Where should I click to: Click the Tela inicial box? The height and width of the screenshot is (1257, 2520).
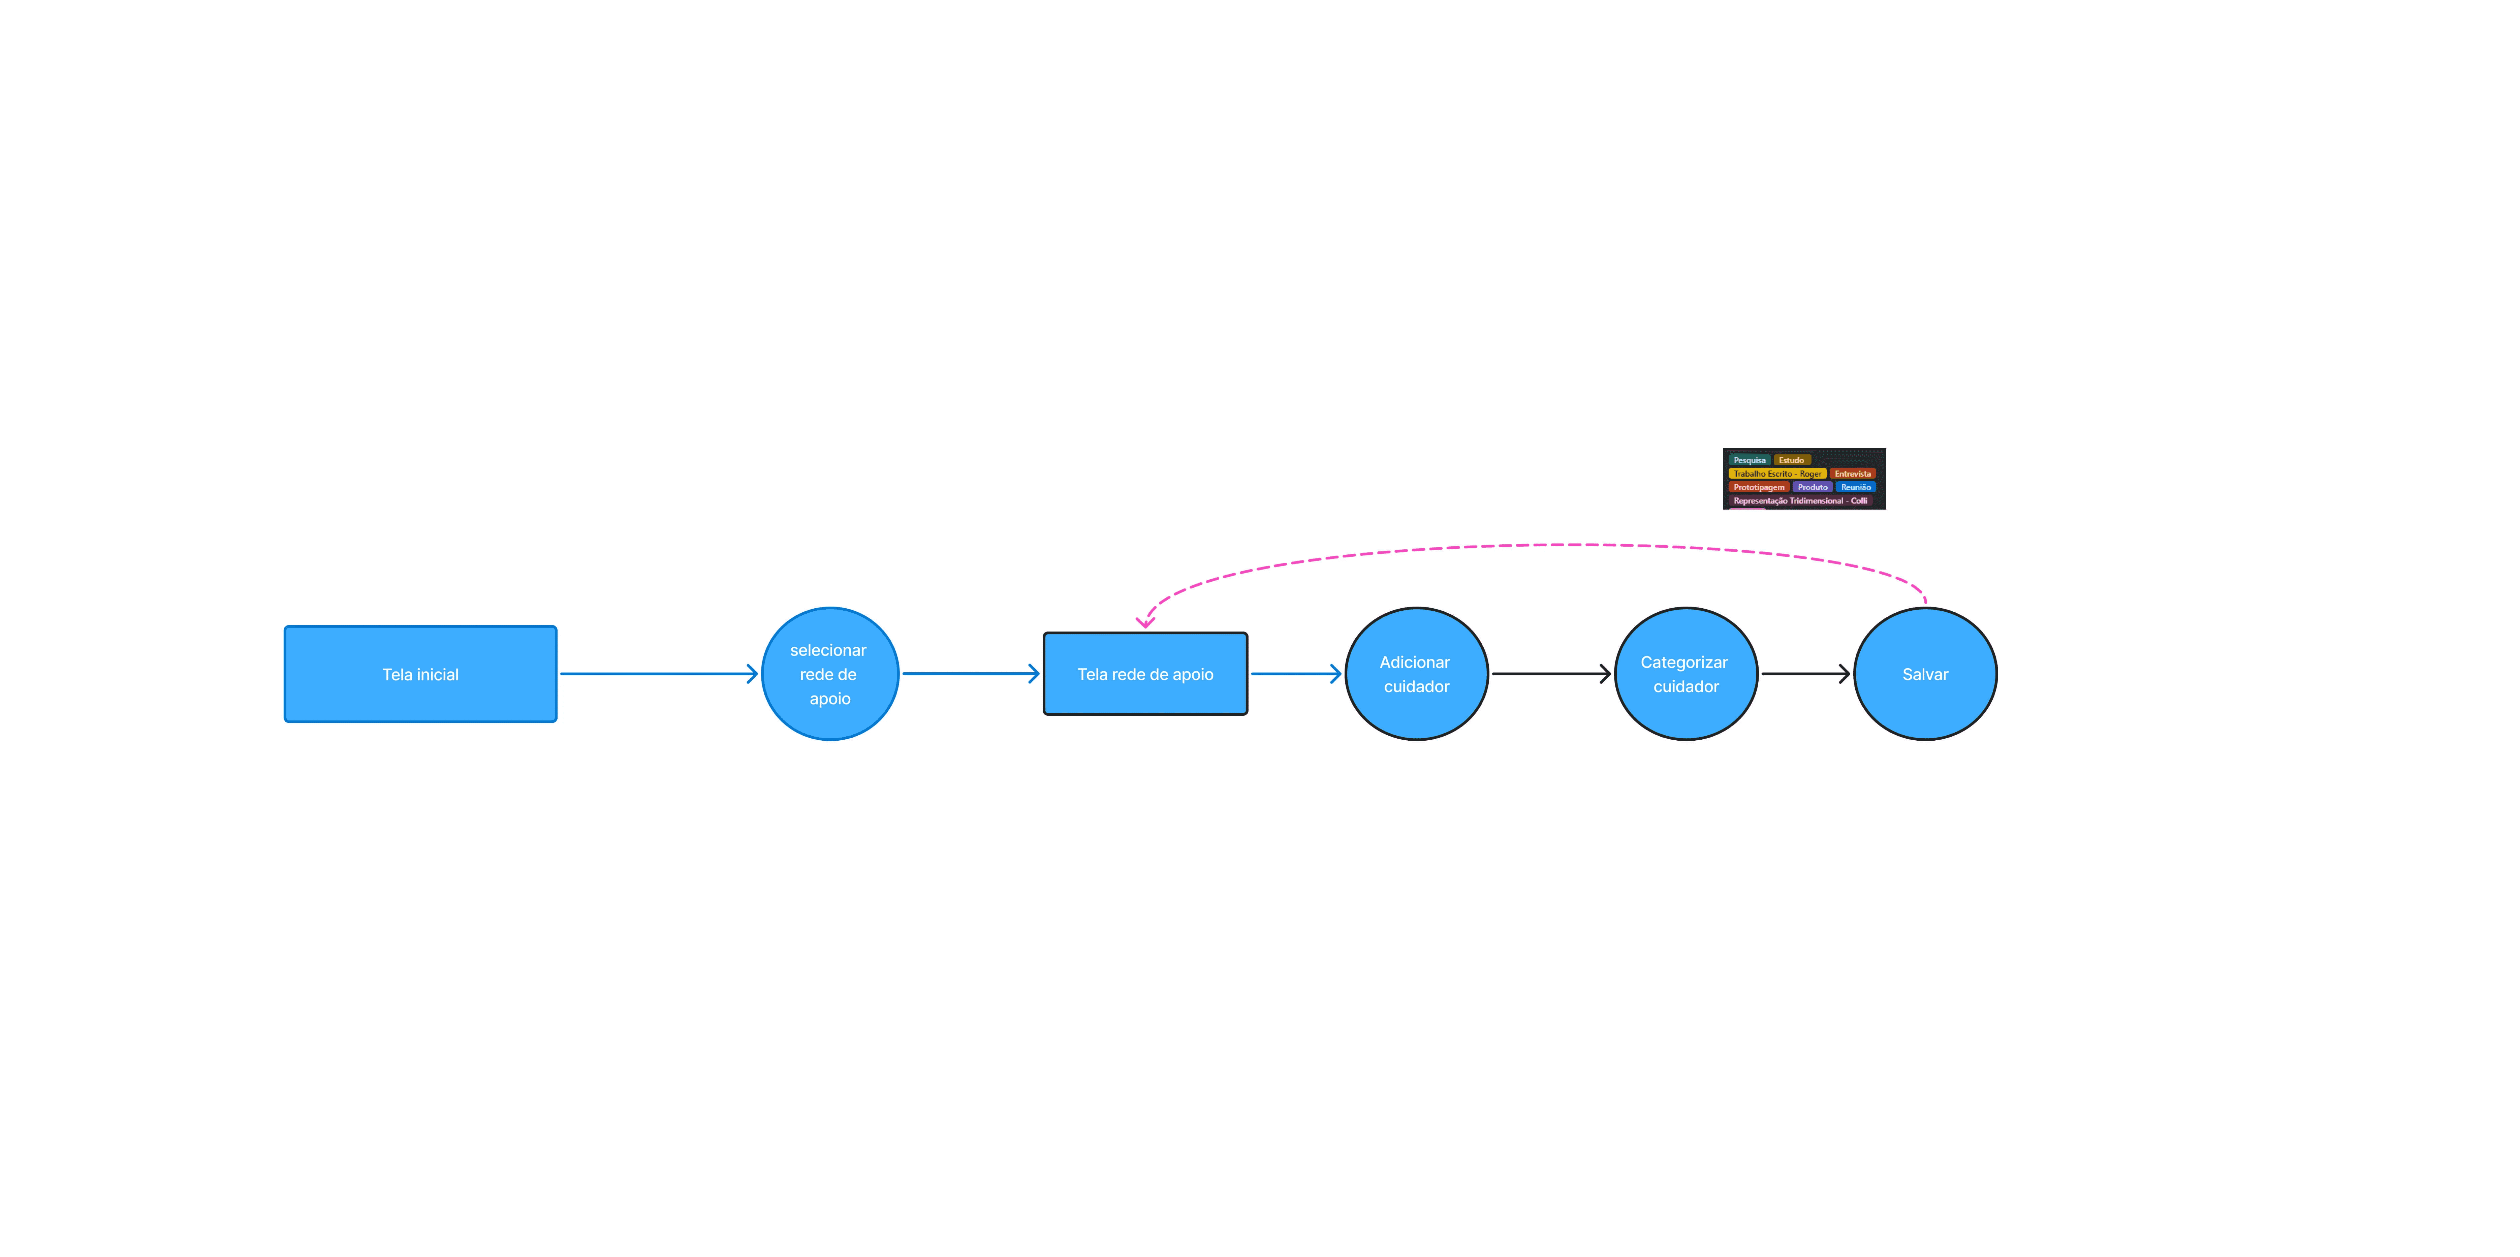click(x=421, y=674)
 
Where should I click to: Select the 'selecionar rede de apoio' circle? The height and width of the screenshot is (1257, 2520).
click(x=829, y=674)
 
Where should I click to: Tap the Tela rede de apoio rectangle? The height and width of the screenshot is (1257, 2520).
click(x=1145, y=674)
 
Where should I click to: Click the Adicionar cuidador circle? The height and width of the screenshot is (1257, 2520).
click(x=1417, y=674)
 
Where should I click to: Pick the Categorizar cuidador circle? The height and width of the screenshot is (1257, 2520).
click(x=1686, y=674)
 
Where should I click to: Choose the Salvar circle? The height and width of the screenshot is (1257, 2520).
click(x=1925, y=674)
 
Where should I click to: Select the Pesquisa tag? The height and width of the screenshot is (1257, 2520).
click(x=1749, y=460)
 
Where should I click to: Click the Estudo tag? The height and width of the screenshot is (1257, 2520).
click(x=1791, y=460)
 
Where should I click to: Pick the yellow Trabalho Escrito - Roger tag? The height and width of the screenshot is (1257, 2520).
click(x=1776, y=474)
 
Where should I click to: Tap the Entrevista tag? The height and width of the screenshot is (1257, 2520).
click(x=1852, y=474)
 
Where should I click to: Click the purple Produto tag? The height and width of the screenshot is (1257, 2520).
click(x=1812, y=487)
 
